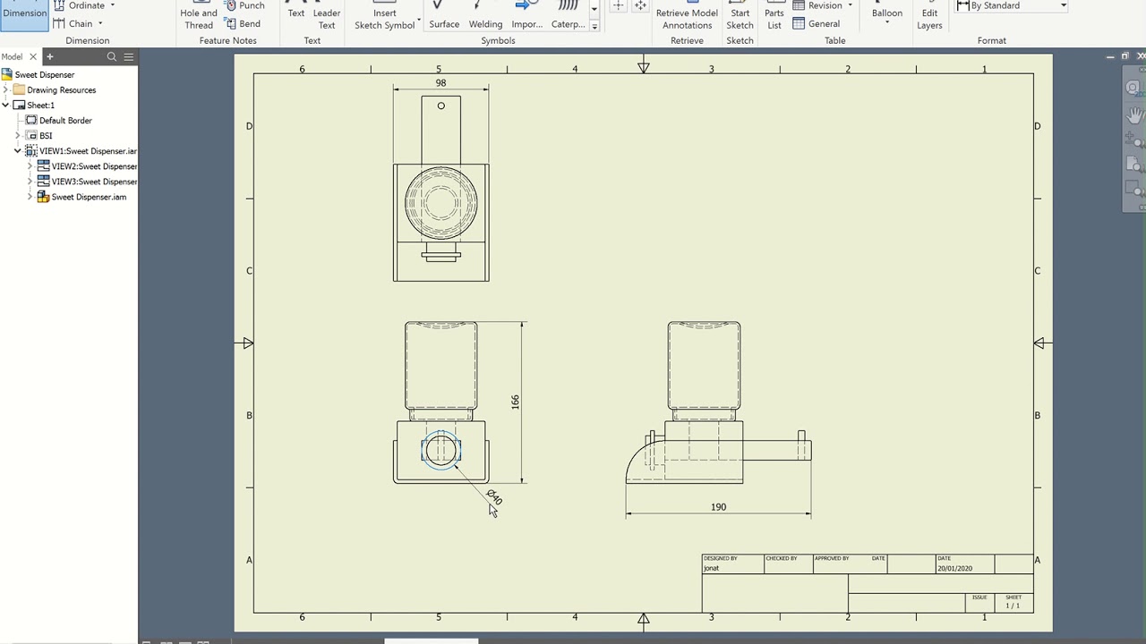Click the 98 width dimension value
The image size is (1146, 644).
coord(440,83)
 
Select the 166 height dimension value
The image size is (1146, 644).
coord(515,402)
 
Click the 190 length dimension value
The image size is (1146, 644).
coord(718,507)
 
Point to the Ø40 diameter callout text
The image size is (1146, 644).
coord(494,496)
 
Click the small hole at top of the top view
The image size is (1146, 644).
coord(440,106)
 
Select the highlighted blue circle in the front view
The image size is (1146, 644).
coord(440,450)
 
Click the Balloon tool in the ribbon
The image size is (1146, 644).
coord(886,13)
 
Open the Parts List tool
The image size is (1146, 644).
coord(774,18)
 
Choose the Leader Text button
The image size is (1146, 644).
coord(326,18)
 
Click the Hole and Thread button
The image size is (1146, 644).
coord(199,18)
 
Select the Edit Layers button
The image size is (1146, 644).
coord(928,18)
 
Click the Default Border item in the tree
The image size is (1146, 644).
coord(65,121)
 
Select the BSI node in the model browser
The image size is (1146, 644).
coord(46,136)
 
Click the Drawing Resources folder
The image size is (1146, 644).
coord(61,90)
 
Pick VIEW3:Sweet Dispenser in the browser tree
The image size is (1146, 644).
coord(94,182)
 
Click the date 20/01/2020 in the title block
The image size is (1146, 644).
coord(954,569)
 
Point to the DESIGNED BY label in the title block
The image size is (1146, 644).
coord(721,559)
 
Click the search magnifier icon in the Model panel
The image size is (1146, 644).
coord(112,57)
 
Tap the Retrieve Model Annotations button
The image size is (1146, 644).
coord(687,18)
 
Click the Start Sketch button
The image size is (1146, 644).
coord(740,18)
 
